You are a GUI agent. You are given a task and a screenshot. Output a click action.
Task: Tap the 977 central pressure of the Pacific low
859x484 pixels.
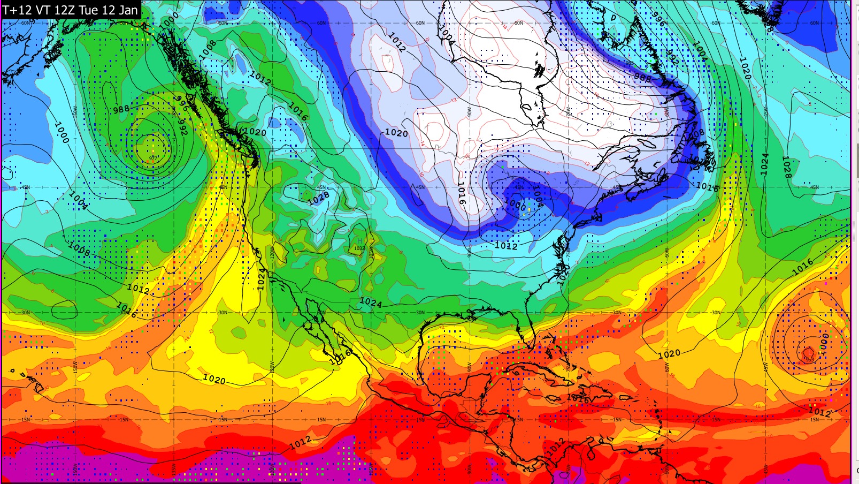click(x=154, y=158)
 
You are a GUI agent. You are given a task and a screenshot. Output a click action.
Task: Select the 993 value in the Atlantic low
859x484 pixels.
click(x=808, y=351)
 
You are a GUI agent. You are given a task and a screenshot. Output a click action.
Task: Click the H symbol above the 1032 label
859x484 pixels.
click(x=359, y=241)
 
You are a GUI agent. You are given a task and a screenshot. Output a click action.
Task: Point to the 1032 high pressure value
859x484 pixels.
click(x=359, y=248)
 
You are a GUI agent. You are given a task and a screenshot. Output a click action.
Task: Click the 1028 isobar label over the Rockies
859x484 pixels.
click(x=319, y=199)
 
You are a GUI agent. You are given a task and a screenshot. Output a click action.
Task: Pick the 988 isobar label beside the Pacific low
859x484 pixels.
click(x=121, y=110)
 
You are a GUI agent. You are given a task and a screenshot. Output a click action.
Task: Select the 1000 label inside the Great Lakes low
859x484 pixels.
click(x=516, y=204)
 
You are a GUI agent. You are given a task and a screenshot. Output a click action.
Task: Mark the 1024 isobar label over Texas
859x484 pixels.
click(x=370, y=303)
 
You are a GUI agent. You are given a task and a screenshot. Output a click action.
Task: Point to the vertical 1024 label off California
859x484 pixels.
click(x=261, y=279)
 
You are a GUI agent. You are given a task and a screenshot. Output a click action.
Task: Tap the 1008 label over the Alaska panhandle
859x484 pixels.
click(x=208, y=49)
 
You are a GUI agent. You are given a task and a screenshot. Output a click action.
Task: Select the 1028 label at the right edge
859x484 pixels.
click(x=786, y=167)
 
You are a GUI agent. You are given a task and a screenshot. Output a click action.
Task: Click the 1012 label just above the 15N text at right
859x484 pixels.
click(x=820, y=412)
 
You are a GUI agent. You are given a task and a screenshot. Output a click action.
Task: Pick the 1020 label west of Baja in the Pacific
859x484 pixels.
click(x=214, y=380)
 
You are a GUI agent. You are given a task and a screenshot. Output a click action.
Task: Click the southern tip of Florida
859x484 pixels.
click(x=531, y=346)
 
